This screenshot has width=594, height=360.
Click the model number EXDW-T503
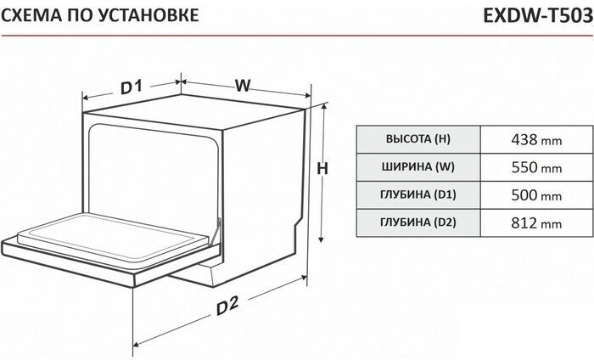click(538, 15)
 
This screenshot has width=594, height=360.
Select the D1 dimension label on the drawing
click(131, 87)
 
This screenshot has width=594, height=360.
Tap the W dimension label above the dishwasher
click(243, 85)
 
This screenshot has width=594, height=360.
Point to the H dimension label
click(322, 169)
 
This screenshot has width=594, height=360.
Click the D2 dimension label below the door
click(227, 305)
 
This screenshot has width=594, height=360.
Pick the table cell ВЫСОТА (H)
click(418, 139)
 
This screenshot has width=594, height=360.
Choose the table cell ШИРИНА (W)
click(418, 167)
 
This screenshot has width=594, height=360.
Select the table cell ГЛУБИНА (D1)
click(418, 194)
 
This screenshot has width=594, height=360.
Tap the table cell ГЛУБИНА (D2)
click(418, 222)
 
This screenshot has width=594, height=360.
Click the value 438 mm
click(536, 140)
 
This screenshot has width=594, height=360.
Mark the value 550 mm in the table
click(536, 167)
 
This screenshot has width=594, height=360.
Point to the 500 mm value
click(536, 195)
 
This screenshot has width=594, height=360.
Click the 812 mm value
click(536, 223)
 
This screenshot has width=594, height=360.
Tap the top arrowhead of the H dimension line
click(324, 106)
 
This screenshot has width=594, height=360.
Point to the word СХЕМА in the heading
click(31, 15)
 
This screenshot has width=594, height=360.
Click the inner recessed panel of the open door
click(113, 238)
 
